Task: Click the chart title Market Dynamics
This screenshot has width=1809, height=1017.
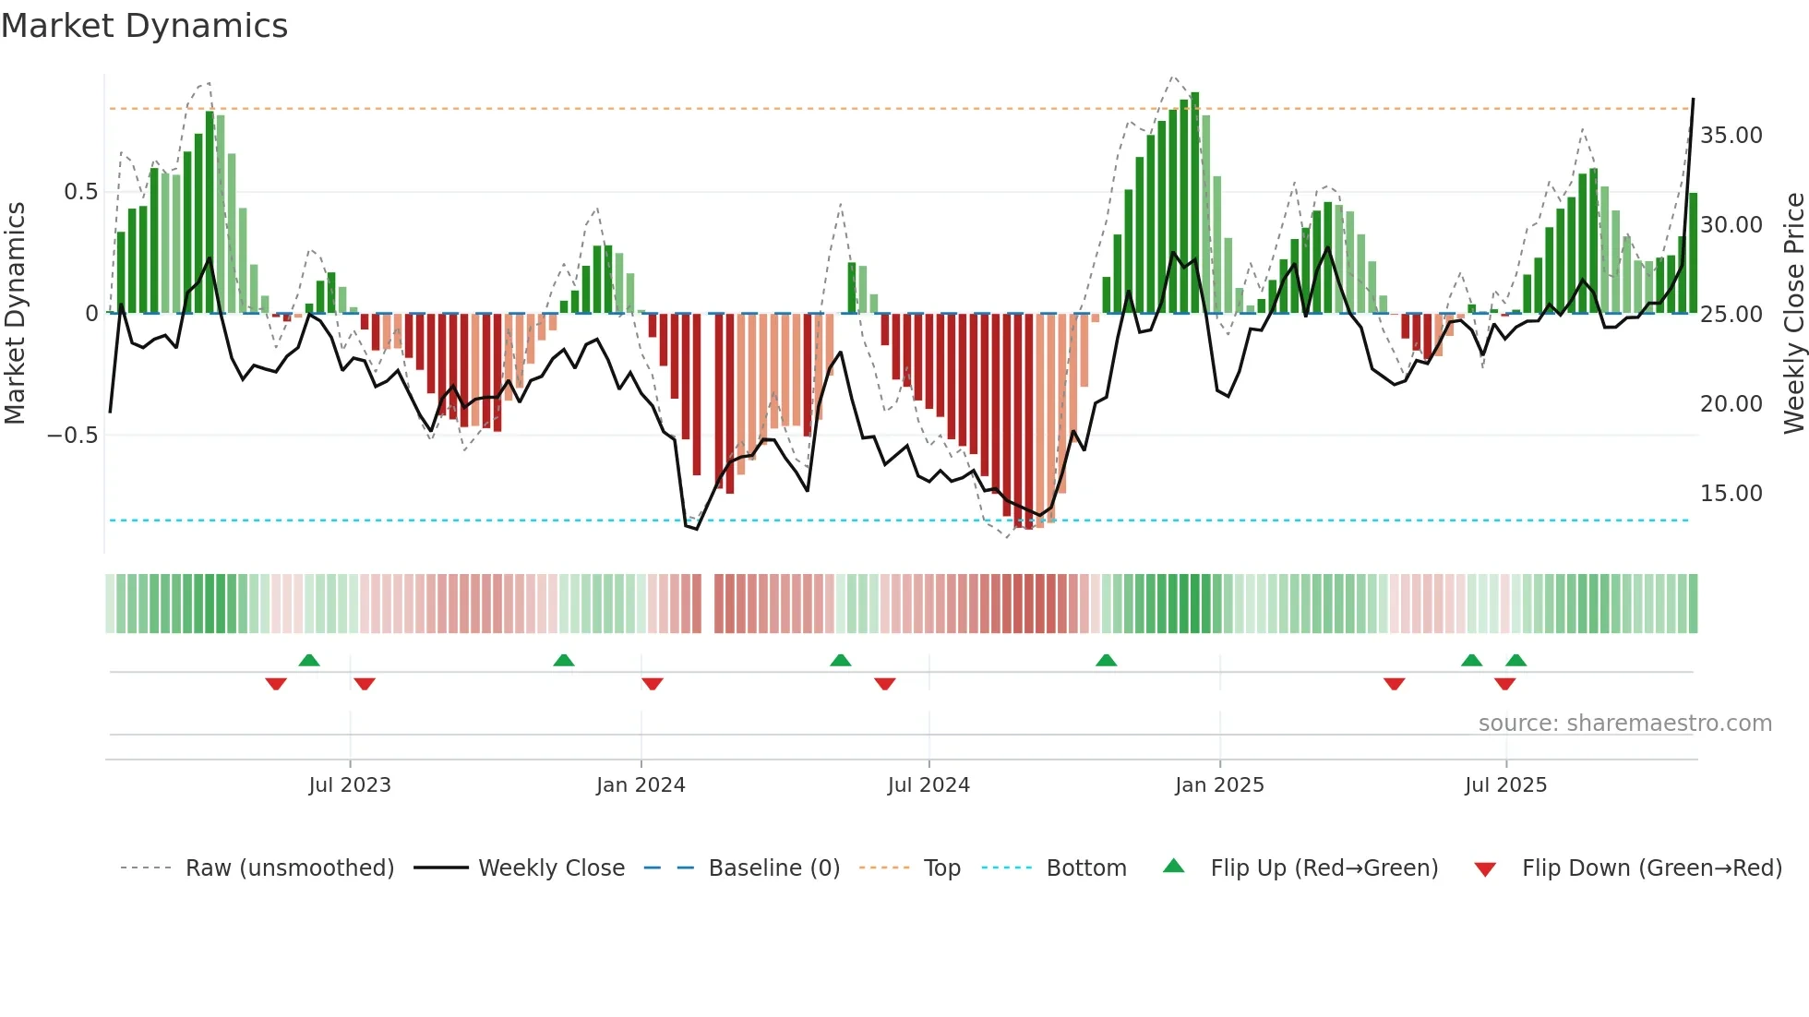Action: pyautogui.click(x=144, y=26)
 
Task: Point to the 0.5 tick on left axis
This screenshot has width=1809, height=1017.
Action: pyautogui.click(x=80, y=192)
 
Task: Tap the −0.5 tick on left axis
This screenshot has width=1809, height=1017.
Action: pyautogui.click(x=73, y=435)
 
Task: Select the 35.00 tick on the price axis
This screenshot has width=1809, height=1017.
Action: pyautogui.click(x=1731, y=136)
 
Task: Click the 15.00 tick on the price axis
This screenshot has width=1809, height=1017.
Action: pyautogui.click(x=1731, y=494)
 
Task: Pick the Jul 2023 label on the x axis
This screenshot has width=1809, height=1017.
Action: pyautogui.click(x=350, y=785)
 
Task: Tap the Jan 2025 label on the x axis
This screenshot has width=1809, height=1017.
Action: pyautogui.click(x=1219, y=785)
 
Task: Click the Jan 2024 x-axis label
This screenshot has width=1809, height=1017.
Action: pyautogui.click(x=641, y=785)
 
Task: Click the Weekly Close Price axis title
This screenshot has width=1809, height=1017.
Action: pyautogui.click(x=1793, y=314)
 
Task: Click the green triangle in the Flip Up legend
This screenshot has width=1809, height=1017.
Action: pyautogui.click(x=1173, y=866)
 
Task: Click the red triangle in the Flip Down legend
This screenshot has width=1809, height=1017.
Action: pyautogui.click(x=1485, y=869)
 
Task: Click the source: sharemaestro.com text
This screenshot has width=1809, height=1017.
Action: pyautogui.click(x=1624, y=724)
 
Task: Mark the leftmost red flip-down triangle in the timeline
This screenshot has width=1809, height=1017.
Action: pyautogui.click(x=276, y=684)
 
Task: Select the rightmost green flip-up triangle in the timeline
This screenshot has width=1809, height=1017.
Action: pyautogui.click(x=1515, y=660)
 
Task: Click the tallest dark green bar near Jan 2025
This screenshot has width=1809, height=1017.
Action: pyautogui.click(x=1195, y=203)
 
